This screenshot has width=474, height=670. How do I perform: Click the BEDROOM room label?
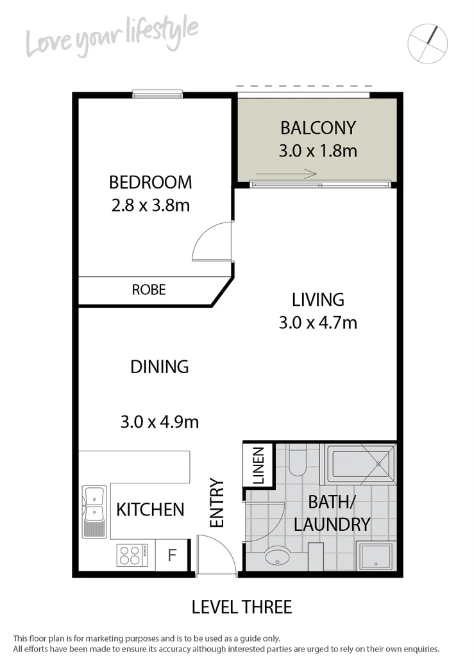pos(150,182)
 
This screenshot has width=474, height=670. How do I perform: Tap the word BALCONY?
pos(317,128)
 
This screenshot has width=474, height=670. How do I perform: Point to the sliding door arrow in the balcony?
pos(286,174)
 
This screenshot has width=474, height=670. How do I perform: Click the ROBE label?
pos(149,290)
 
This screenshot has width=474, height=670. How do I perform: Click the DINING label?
pos(159,367)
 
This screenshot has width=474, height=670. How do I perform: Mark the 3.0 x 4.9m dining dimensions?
pos(159,422)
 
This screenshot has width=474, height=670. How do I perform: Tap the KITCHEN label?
pos(150,510)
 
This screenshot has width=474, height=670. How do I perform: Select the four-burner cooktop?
pos(131,555)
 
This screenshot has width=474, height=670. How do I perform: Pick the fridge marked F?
pos(171,555)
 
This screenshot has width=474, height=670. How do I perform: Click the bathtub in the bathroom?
pos(362,463)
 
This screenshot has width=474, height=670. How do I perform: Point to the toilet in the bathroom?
pos(297,462)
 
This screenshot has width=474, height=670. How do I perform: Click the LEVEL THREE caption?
pos(242,607)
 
